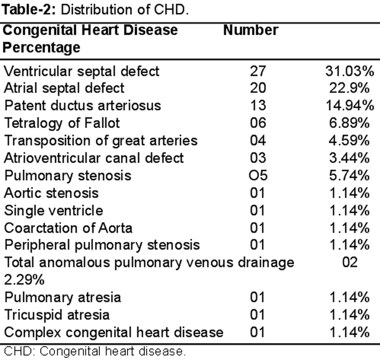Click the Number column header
pos(251,30)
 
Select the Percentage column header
pos(41,47)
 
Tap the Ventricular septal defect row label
pos(82,71)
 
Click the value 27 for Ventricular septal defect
pos(258,71)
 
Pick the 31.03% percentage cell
pos(350,71)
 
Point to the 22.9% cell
pos(349,88)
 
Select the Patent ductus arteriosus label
pos(82,106)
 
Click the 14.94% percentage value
pos(350,106)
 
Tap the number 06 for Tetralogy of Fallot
pos(258,123)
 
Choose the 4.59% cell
pos(349,140)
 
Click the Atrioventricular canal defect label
pos(94,158)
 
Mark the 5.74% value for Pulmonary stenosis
pos(349,175)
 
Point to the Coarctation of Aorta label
pos(68,228)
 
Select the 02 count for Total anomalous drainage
pos(350,262)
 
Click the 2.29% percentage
pos(24,280)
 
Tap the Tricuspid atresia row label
pos(57,315)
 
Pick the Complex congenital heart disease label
pos(113,332)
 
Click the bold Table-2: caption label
pos(29,10)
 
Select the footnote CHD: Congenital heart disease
pos(95,351)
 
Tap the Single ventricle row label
pos(54,210)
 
